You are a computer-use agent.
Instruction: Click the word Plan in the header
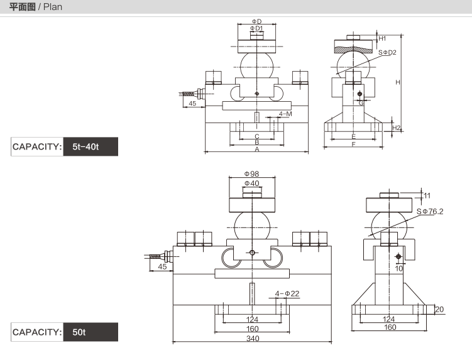pos(53,7)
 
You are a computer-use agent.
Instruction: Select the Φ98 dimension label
pos(251,173)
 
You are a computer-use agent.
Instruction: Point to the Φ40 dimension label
pos(252,183)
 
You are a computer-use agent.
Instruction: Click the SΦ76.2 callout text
pos(430,211)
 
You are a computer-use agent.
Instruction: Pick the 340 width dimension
pos(253,339)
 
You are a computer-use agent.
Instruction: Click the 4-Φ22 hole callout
pos(287,293)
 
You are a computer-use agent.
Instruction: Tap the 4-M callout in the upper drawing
pos(285,114)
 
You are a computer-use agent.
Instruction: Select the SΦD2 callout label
pos(387,52)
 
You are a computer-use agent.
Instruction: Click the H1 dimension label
pos(382,38)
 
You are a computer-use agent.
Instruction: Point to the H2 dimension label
pos(397,128)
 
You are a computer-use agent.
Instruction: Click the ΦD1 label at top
pos(256,28)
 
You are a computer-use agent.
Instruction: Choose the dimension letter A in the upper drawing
pos(257,150)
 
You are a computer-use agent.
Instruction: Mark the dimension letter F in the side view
pos(353,145)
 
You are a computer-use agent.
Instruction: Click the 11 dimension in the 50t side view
pos(427,195)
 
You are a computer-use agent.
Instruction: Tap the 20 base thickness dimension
pos(439,310)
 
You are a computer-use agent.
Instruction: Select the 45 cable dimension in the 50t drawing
pos(162,266)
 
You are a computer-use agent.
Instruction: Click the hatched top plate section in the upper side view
pos(353,50)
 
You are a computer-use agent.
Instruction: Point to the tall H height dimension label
pos(398,82)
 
